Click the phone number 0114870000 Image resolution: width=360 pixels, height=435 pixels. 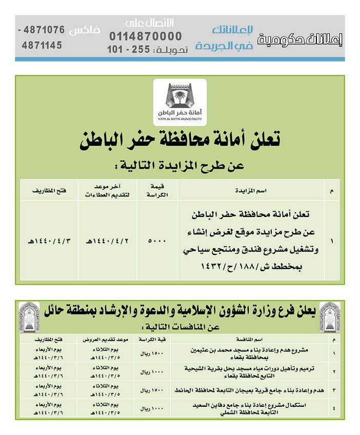click(x=145, y=36)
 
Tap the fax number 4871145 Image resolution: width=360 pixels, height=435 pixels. click(x=42, y=45)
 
